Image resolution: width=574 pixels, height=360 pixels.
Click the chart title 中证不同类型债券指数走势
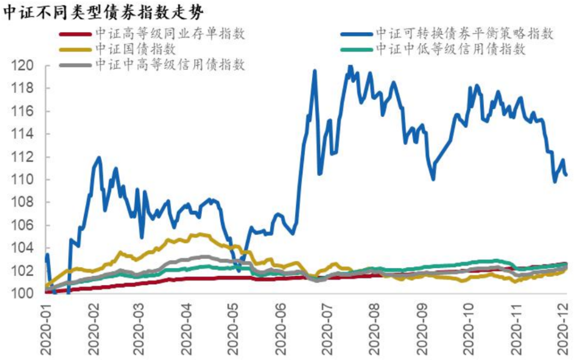[103, 12]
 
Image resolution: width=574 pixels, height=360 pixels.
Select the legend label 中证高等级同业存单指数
[170, 34]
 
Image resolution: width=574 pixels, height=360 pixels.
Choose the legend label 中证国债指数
[136, 49]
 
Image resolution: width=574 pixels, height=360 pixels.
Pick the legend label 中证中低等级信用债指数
[451, 49]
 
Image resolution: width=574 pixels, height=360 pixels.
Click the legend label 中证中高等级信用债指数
[170, 65]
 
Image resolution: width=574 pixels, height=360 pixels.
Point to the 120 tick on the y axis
[24, 66]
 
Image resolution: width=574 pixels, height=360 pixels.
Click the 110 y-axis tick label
[24, 180]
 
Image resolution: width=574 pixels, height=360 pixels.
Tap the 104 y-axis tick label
[24, 248]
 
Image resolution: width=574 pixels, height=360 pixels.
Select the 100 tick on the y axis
[24, 294]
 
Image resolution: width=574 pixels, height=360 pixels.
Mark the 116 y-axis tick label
[24, 112]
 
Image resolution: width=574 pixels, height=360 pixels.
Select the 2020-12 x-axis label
[563, 326]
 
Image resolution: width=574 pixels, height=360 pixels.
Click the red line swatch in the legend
[74, 35]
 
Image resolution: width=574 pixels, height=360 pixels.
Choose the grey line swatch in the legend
[74, 66]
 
